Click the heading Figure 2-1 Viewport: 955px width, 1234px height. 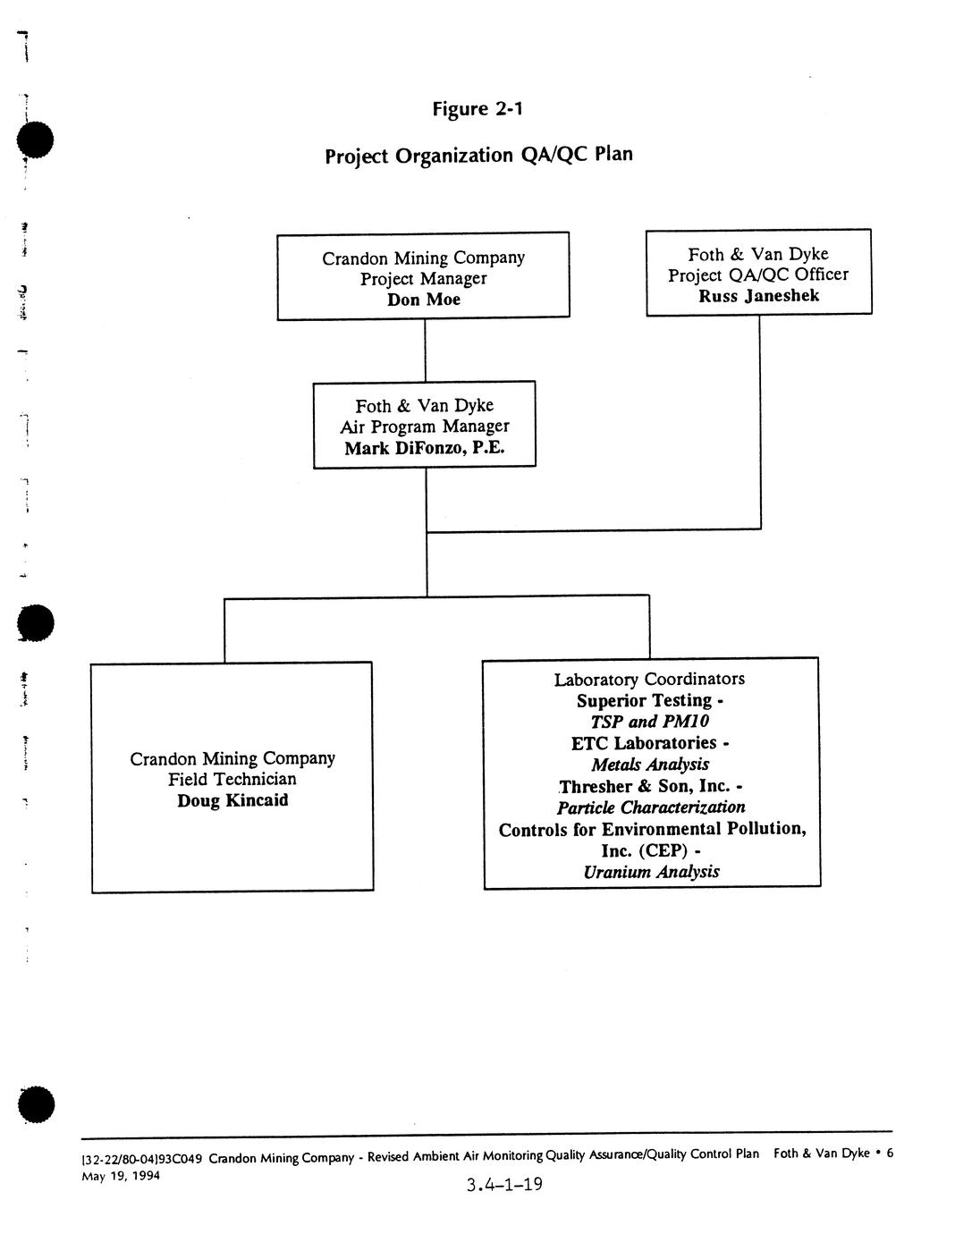[x=477, y=109]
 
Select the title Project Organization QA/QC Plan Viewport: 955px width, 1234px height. [x=478, y=155]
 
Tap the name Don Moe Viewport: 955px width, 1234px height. [x=424, y=300]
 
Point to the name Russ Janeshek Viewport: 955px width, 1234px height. [x=758, y=296]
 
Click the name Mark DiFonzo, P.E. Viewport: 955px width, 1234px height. [x=425, y=448]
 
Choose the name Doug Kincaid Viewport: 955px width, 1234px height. [x=232, y=800]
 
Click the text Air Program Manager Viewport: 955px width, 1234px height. [x=425, y=427]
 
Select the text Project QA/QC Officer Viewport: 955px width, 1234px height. [x=758, y=275]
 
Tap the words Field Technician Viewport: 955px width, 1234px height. [x=232, y=779]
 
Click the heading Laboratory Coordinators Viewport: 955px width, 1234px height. [x=649, y=680]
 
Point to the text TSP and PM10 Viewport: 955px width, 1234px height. [x=650, y=722]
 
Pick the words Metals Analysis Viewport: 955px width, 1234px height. [x=650, y=765]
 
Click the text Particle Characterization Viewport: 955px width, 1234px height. [x=651, y=807]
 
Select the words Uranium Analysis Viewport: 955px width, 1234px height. [x=651, y=872]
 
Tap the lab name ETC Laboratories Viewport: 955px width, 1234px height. [x=644, y=743]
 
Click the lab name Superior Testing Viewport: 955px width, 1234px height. [x=644, y=700]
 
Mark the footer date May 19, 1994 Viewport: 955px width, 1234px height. [x=121, y=1176]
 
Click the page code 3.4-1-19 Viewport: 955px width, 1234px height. [x=504, y=1186]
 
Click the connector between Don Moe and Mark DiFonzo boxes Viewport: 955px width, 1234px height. [x=425, y=350]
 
